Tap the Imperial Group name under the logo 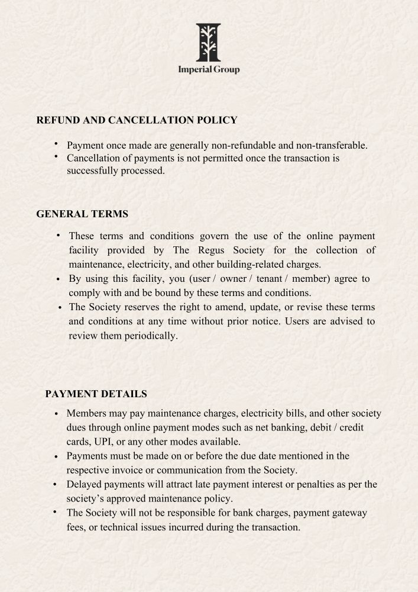(x=209, y=70)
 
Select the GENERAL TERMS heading (x=82, y=214)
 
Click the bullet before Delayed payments (x=55, y=485)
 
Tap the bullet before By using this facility (x=57, y=279)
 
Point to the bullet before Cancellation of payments (x=55, y=157)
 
